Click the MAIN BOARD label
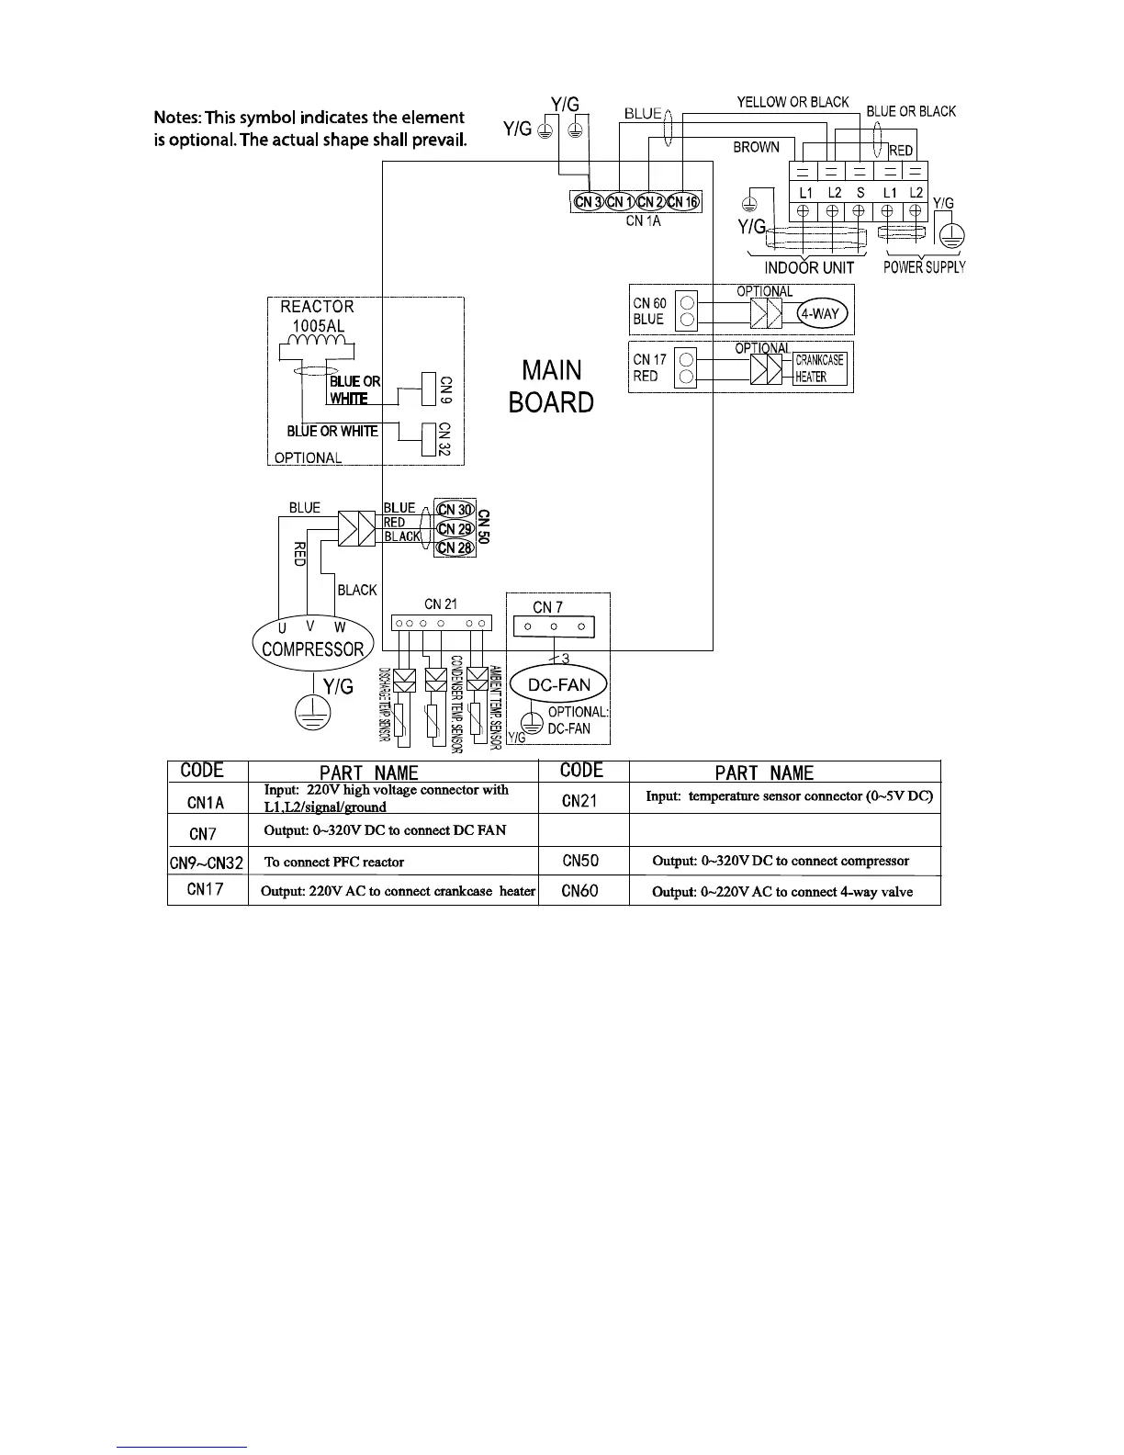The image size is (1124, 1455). [x=551, y=387]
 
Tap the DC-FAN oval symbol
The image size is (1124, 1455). [x=559, y=684]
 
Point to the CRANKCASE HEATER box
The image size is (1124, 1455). [x=819, y=368]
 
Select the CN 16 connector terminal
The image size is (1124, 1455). [x=683, y=202]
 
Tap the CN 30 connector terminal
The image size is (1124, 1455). [x=455, y=510]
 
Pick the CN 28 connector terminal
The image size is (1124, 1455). [x=455, y=547]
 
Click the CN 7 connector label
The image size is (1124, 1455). [x=548, y=607]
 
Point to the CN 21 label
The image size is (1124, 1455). [x=441, y=604]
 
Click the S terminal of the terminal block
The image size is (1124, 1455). [x=860, y=193]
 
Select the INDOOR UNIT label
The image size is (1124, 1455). [x=809, y=268]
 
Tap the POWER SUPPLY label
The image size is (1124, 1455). [x=925, y=267]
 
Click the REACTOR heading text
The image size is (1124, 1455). [x=317, y=307]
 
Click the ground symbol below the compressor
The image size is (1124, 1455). [x=313, y=715]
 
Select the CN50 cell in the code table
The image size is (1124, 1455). [x=581, y=861]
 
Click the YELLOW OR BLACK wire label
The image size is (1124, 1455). [x=792, y=102]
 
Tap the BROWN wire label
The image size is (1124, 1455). [x=756, y=147]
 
